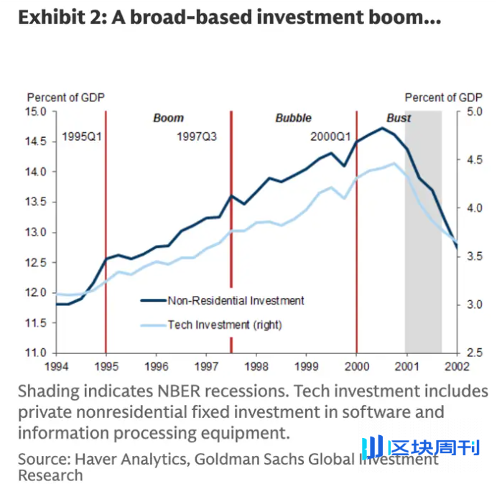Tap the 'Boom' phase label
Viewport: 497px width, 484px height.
pyautogui.click(x=168, y=118)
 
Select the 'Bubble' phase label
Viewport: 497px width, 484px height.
pyautogui.click(x=293, y=118)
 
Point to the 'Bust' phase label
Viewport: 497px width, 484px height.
pyautogui.click(x=399, y=118)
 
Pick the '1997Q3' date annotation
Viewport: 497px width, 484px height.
pyautogui.click(x=197, y=136)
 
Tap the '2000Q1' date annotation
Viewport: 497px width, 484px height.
pyautogui.click(x=330, y=136)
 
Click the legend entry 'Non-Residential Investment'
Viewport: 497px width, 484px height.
pyautogui.click(x=236, y=301)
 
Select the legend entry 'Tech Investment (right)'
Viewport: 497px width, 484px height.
pyautogui.click(x=224, y=325)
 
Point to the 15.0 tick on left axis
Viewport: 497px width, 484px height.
pyautogui.click(x=37, y=111)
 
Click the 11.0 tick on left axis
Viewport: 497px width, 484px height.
pyautogui.click(x=37, y=353)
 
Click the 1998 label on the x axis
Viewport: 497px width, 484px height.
pyautogui.click(x=256, y=366)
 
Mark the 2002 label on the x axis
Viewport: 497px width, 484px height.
pyautogui.click(x=457, y=366)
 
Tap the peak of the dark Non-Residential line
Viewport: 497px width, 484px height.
pyautogui.click(x=383, y=128)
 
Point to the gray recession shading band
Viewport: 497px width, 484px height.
pyautogui.click(x=423, y=287)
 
